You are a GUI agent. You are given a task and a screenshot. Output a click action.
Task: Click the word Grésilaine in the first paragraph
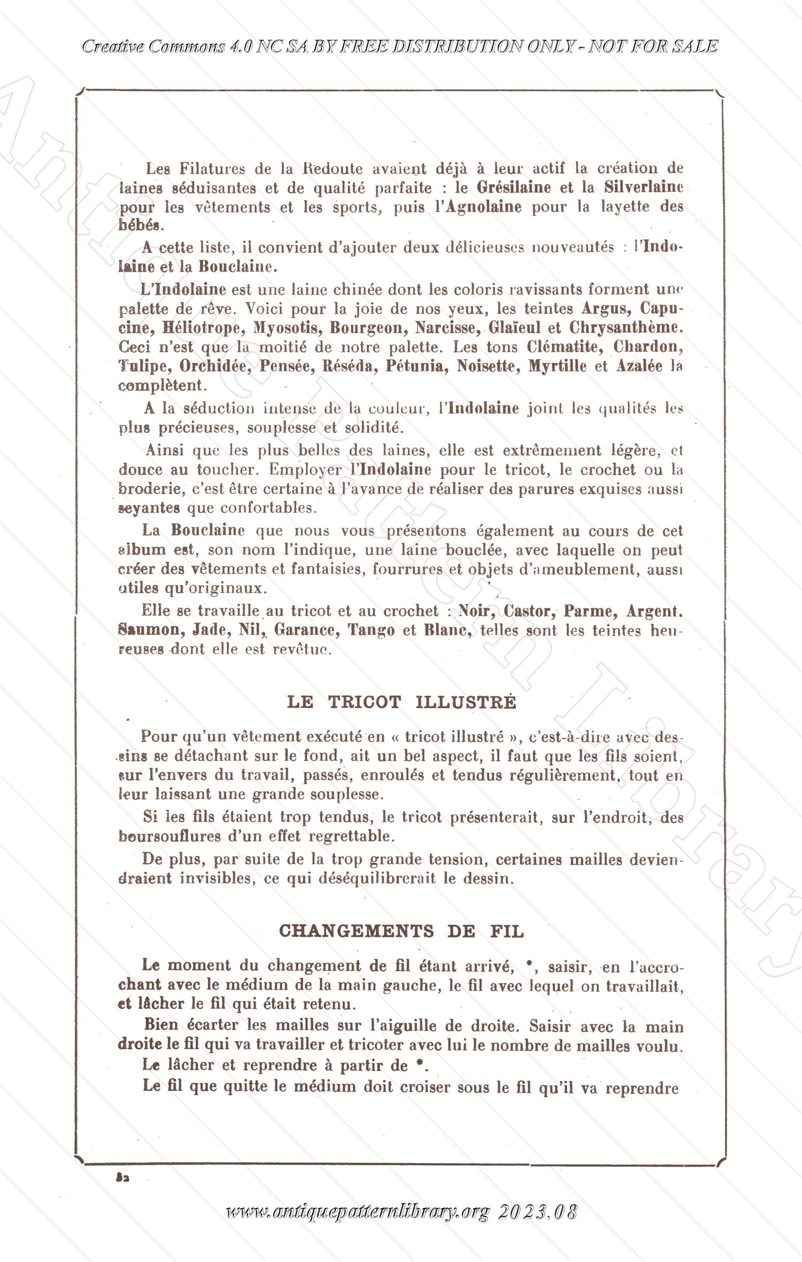coord(513,188)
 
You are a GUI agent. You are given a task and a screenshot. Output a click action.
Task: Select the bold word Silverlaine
coord(644,188)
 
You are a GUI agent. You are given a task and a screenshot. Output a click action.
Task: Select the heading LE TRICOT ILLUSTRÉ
coord(402,702)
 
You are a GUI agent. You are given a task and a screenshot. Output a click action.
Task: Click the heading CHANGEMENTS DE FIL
coord(402,931)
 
